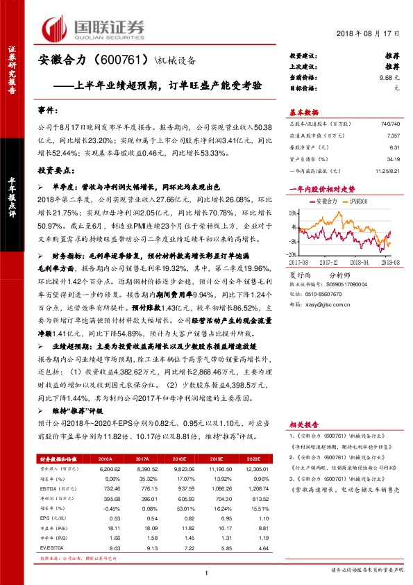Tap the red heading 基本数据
click(x=303, y=112)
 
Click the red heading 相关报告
click(x=303, y=423)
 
